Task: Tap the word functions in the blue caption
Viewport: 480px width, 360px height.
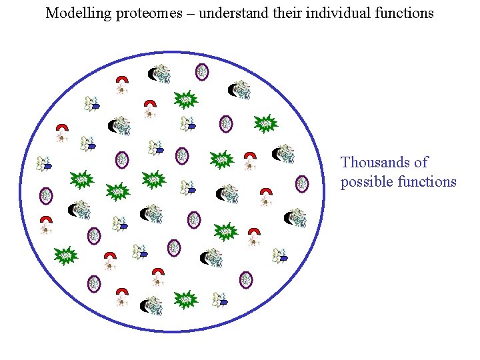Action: pyautogui.click(x=427, y=181)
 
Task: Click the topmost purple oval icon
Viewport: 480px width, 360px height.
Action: pyautogui.click(x=202, y=71)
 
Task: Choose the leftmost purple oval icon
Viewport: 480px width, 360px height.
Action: pyautogui.click(x=45, y=195)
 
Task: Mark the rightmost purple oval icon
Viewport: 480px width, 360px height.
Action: pyautogui.click(x=302, y=183)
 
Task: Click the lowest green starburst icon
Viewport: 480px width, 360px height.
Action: pyautogui.click(x=186, y=299)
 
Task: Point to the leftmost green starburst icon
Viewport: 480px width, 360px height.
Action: pyautogui.click(x=65, y=255)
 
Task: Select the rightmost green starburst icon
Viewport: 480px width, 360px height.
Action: pyautogui.click(x=266, y=123)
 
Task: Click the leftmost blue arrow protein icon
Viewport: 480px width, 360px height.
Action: pyautogui.click(x=45, y=163)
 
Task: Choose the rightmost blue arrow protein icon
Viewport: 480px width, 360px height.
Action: pyautogui.click(x=280, y=255)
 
